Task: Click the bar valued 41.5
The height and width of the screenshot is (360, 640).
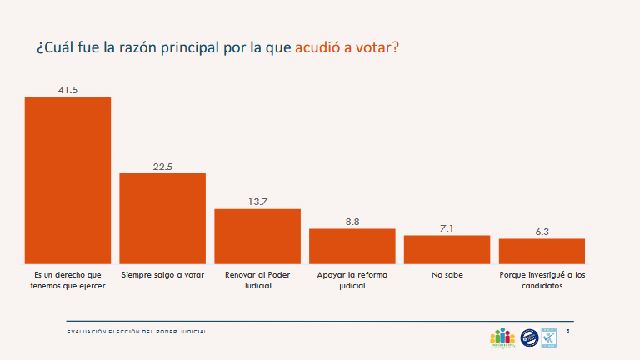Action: pyautogui.click(x=67, y=180)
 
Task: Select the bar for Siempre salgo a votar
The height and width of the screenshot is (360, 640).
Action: pyautogui.click(x=162, y=218)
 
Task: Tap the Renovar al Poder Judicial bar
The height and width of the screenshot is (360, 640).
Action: pyautogui.click(x=257, y=236)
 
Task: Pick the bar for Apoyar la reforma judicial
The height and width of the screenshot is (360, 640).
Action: pyautogui.click(x=352, y=246)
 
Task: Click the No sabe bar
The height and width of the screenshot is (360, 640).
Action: pyautogui.click(x=447, y=249)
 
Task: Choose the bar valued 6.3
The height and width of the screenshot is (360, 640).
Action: pyautogui.click(x=542, y=251)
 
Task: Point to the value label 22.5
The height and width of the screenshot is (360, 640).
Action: pyautogui.click(x=162, y=167)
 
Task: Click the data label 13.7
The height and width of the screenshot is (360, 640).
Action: pyautogui.click(x=257, y=202)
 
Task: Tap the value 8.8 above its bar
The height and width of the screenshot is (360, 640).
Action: pyautogui.click(x=352, y=222)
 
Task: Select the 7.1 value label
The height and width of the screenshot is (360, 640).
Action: pyautogui.click(x=447, y=228)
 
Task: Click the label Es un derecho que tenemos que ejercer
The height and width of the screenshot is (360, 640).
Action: pyautogui.click(x=67, y=279)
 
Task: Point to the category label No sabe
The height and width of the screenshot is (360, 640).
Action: pyautogui.click(x=447, y=274)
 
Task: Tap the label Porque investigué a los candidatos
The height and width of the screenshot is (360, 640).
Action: pyautogui.click(x=542, y=279)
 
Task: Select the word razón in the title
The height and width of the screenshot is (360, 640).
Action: pyautogui.click(x=151, y=47)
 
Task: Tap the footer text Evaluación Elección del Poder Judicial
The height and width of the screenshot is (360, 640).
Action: pyautogui.click(x=137, y=332)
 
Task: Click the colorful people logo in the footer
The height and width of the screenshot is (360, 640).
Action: pyautogui.click(x=502, y=337)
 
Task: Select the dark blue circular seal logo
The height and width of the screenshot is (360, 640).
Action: pyautogui.click(x=528, y=337)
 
